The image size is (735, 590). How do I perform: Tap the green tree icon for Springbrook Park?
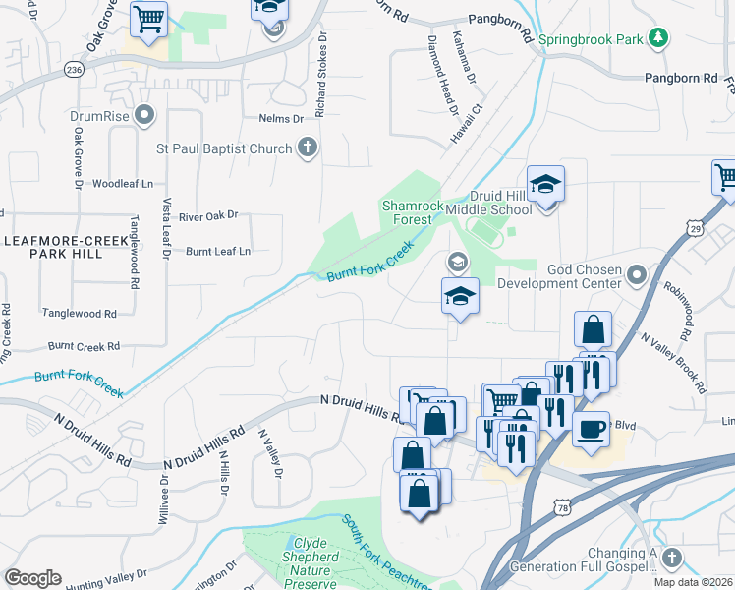point(657,39)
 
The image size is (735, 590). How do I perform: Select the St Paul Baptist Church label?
point(225,148)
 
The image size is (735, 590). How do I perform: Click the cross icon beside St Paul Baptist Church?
point(307,148)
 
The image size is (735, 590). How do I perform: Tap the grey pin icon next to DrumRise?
point(145,116)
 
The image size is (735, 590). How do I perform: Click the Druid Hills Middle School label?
point(488,202)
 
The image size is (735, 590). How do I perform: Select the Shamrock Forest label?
point(407,212)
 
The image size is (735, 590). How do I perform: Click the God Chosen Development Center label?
point(558,276)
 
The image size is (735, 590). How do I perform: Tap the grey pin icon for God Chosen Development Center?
point(637,272)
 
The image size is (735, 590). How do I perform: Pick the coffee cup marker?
point(591,430)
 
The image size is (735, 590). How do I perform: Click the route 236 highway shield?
point(73,70)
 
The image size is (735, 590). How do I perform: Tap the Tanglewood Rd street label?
point(79,313)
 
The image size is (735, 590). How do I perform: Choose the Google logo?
point(32,578)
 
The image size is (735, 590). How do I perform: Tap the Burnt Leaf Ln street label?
point(217,251)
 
